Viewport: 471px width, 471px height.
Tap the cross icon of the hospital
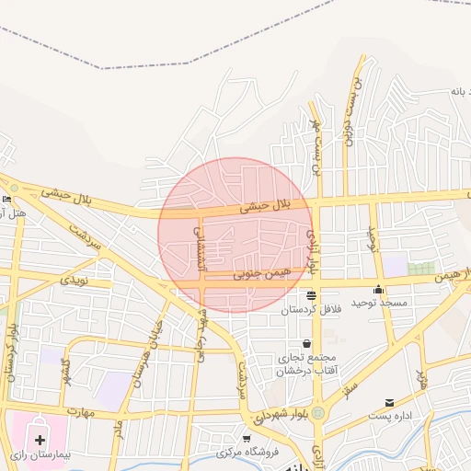pos(40,440)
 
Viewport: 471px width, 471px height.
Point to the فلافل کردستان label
pos(311,309)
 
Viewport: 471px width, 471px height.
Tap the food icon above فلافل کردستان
pos(311,296)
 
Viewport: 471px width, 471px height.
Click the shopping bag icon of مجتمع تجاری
pos(281,342)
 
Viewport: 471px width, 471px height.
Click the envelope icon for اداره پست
pos(389,403)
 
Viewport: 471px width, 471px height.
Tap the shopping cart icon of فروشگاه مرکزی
pos(247,438)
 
